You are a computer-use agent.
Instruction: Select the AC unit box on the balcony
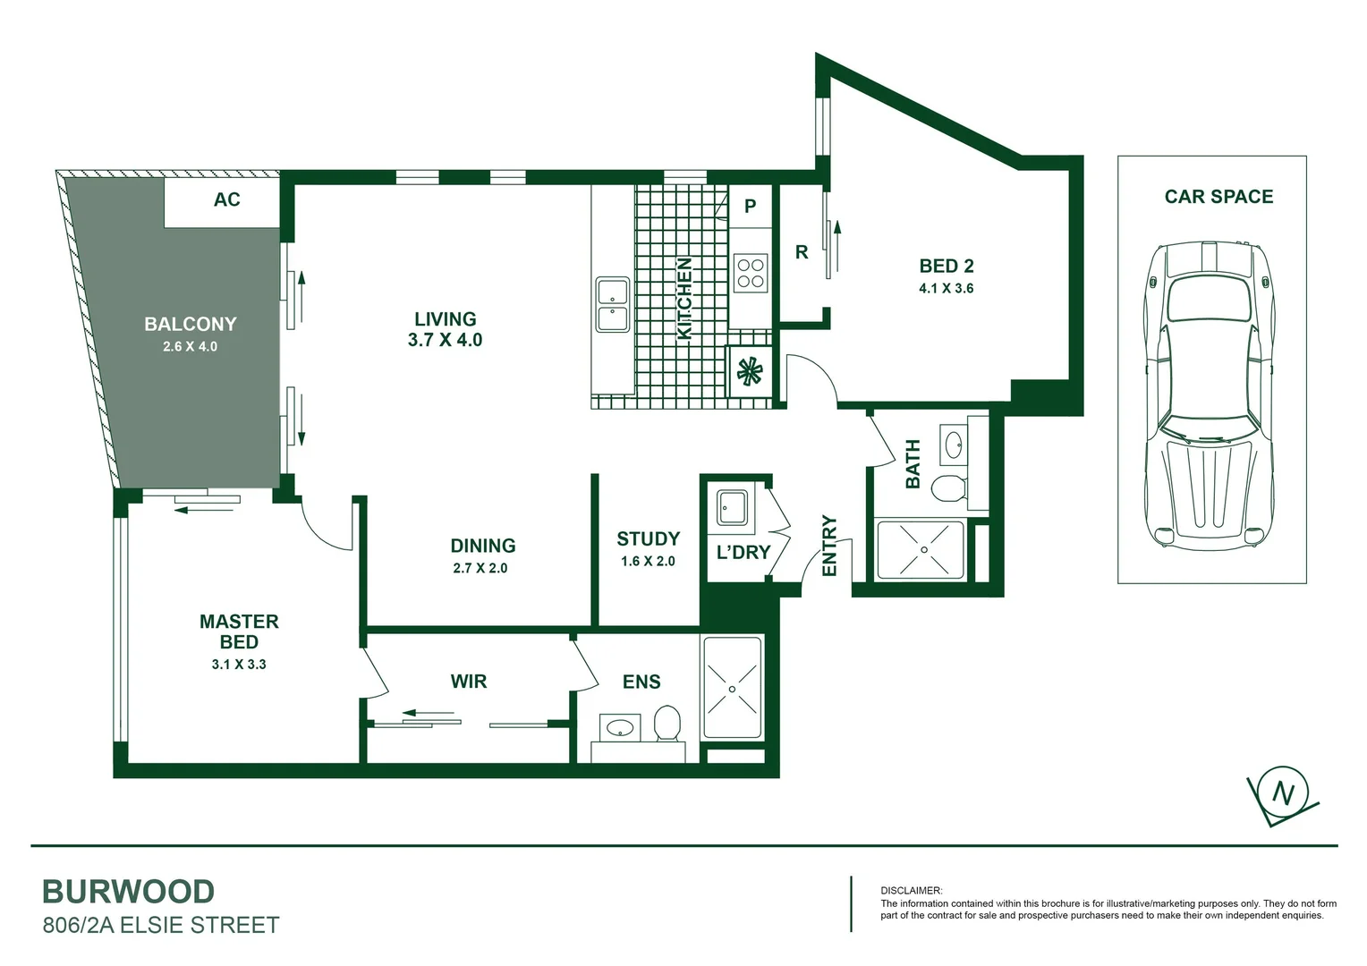pyautogui.click(x=226, y=199)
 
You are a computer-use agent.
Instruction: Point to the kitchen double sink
pyautogui.click(x=613, y=305)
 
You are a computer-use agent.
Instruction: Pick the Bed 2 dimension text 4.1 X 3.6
pyautogui.click(x=946, y=288)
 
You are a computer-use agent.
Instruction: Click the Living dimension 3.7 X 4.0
pyautogui.click(x=445, y=340)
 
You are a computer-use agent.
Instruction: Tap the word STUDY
pyautogui.click(x=648, y=538)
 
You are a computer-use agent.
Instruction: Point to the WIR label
pyautogui.click(x=468, y=682)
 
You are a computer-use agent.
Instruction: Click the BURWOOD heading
pyautogui.click(x=129, y=892)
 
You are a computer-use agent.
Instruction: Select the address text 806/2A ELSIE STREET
pyautogui.click(x=161, y=925)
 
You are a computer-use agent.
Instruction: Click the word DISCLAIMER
pyautogui.click(x=911, y=891)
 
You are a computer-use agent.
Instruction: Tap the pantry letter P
pyautogui.click(x=750, y=207)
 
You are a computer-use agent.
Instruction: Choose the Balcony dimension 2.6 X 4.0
pyautogui.click(x=190, y=346)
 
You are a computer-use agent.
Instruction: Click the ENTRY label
pyautogui.click(x=829, y=546)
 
